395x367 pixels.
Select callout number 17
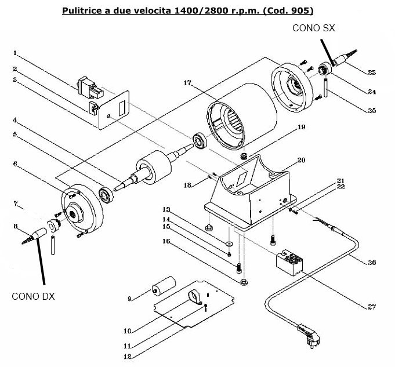(187, 83)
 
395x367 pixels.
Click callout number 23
(372, 72)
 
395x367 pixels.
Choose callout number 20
(301, 159)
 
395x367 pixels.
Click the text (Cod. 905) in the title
(292, 10)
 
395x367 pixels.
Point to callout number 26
(372, 263)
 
